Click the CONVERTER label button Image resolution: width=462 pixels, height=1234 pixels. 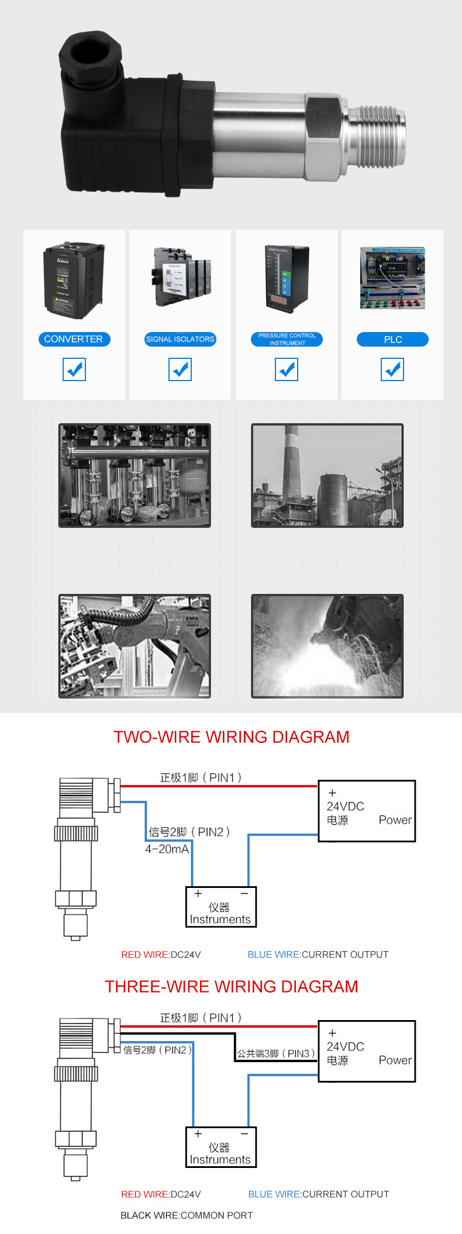pyautogui.click(x=74, y=339)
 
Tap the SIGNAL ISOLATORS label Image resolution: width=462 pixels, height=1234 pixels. pyautogui.click(x=180, y=339)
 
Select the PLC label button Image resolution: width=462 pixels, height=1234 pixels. pyautogui.click(x=392, y=340)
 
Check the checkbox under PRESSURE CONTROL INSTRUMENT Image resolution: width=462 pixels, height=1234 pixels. pyautogui.click(x=287, y=369)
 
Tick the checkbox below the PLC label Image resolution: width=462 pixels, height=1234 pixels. pyautogui.click(x=392, y=369)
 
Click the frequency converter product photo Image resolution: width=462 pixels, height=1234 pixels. pyautogui.click(x=74, y=281)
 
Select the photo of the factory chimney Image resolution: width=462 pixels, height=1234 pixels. pyautogui.click(x=327, y=475)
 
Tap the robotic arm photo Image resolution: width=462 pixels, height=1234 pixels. pyautogui.click(x=135, y=646)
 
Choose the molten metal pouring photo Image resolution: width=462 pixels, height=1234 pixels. pyautogui.click(x=327, y=646)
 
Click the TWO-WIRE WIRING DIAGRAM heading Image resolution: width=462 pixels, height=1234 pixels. pyautogui.click(x=231, y=737)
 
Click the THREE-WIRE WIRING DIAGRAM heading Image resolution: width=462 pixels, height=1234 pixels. pyautogui.click(x=231, y=986)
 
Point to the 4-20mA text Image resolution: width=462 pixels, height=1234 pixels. pyautogui.click(x=167, y=849)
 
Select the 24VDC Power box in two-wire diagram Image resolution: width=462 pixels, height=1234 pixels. pyautogui.click(x=367, y=811)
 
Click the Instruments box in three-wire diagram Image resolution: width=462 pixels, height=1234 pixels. pyautogui.click(x=221, y=1147)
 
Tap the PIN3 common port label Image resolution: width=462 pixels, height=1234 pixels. pyautogui.click(x=275, y=1053)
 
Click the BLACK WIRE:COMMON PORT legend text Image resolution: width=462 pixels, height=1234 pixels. pyautogui.click(x=187, y=1215)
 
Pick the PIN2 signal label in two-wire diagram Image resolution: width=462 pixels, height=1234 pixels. pyautogui.click(x=189, y=832)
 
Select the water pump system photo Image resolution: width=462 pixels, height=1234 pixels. pyautogui.click(x=135, y=475)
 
